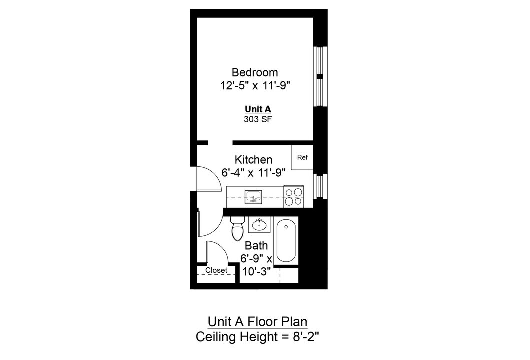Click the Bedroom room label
(254, 73)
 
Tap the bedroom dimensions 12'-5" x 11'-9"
(255, 86)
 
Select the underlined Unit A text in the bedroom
(258, 109)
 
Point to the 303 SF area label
(258, 119)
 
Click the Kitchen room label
(254, 160)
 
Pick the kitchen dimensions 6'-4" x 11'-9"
(253, 173)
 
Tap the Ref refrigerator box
(302, 158)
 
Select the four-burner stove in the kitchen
(294, 197)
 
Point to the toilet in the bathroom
(237, 229)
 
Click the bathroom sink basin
(259, 225)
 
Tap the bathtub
(286, 241)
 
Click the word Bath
(256, 246)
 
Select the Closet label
(216, 271)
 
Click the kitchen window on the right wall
(319, 185)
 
